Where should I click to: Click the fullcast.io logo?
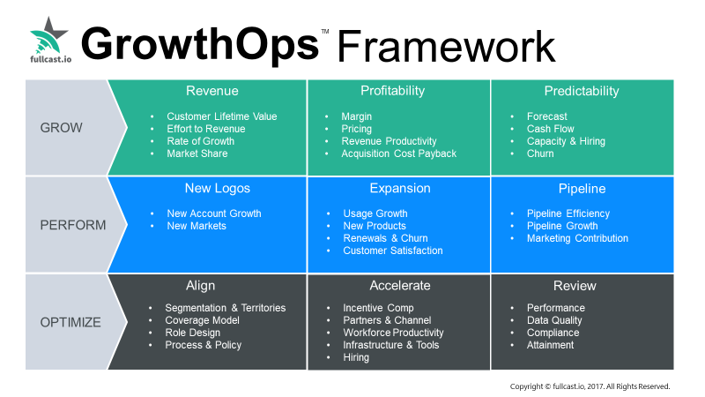pyautogui.click(x=50, y=40)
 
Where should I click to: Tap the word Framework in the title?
pyautogui.click(x=447, y=47)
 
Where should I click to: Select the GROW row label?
pyautogui.click(x=61, y=128)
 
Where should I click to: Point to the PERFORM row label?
pyautogui.click(x=73, y=225)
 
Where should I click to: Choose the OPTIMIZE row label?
pyautogui.click(x=70, y=322)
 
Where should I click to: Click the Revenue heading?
pyautogui.click(x=212, y=91)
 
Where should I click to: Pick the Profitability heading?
pyautogui.click(x=392, y=91)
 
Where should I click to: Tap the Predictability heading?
pyautogui.click(x=582, y=91)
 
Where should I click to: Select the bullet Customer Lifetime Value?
pyautogui.click(x=222, y=116)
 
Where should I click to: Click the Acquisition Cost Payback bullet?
pyautogui.click(x=399, y=154)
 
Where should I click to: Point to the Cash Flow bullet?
pyautogui.click(x=550, y=129)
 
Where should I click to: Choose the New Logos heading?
pyautogui.click(x=217, y=188)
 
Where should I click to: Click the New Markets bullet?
pyautogui.click(x=197, y=226)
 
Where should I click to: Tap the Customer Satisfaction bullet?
pyautogui.click(x=393, y=251)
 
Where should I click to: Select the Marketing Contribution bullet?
pyautogui.click(x=577, y=238)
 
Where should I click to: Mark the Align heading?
pyautogui.click(x=201, y=286)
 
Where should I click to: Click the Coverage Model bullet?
pyautogui.click(x=202, y=320)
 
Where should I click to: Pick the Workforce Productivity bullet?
pyautogui.click(x=393, y=333)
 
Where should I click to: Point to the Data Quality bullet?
pyautogui.click(x=554, y=320)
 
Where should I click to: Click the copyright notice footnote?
pyautogui.click(x=590, y=386)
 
